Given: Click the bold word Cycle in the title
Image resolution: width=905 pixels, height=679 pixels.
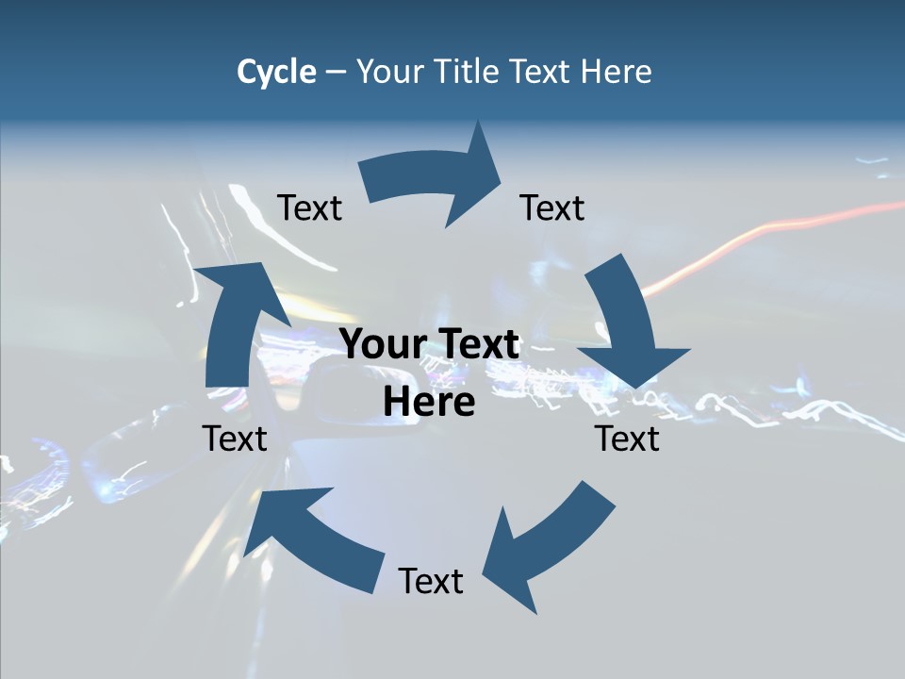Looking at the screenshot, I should [276, 72].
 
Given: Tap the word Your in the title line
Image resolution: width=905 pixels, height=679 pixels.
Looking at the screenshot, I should [390, 72].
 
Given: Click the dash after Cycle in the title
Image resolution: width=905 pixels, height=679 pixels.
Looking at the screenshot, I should [336, 72].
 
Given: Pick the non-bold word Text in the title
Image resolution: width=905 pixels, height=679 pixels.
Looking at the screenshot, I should [542, 72].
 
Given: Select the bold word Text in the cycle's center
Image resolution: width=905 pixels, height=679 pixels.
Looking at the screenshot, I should [476, 344].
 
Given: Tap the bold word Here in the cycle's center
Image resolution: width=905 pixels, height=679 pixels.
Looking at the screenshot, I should [429, 402].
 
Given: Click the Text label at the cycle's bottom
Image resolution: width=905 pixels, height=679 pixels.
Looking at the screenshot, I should [431, 581].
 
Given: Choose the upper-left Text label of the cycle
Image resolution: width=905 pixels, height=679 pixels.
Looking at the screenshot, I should [309, 207].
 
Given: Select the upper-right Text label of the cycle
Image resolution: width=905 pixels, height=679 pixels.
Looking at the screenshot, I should [552, 207].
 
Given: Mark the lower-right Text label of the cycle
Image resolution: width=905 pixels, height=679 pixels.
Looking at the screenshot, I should [627, 439].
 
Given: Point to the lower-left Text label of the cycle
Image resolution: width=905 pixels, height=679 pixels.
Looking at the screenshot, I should [235, 439].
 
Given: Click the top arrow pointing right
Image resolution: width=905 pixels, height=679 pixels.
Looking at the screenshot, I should [434, 179].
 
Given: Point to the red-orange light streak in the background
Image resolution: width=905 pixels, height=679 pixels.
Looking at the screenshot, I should [754, 240].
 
